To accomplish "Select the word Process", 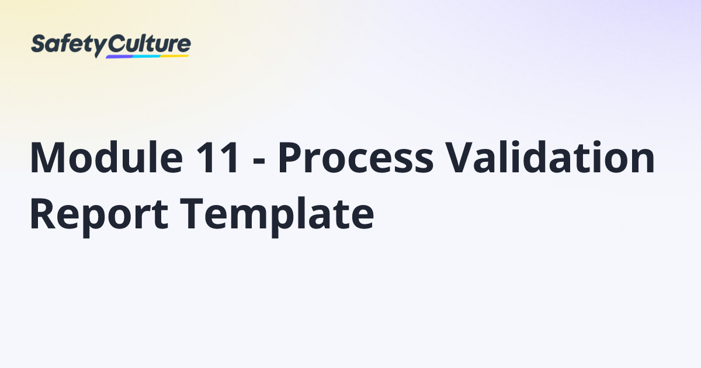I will pyautogui.click(x=355, y=158).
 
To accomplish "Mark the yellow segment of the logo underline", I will pyautogui.click(x=175, y=56).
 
